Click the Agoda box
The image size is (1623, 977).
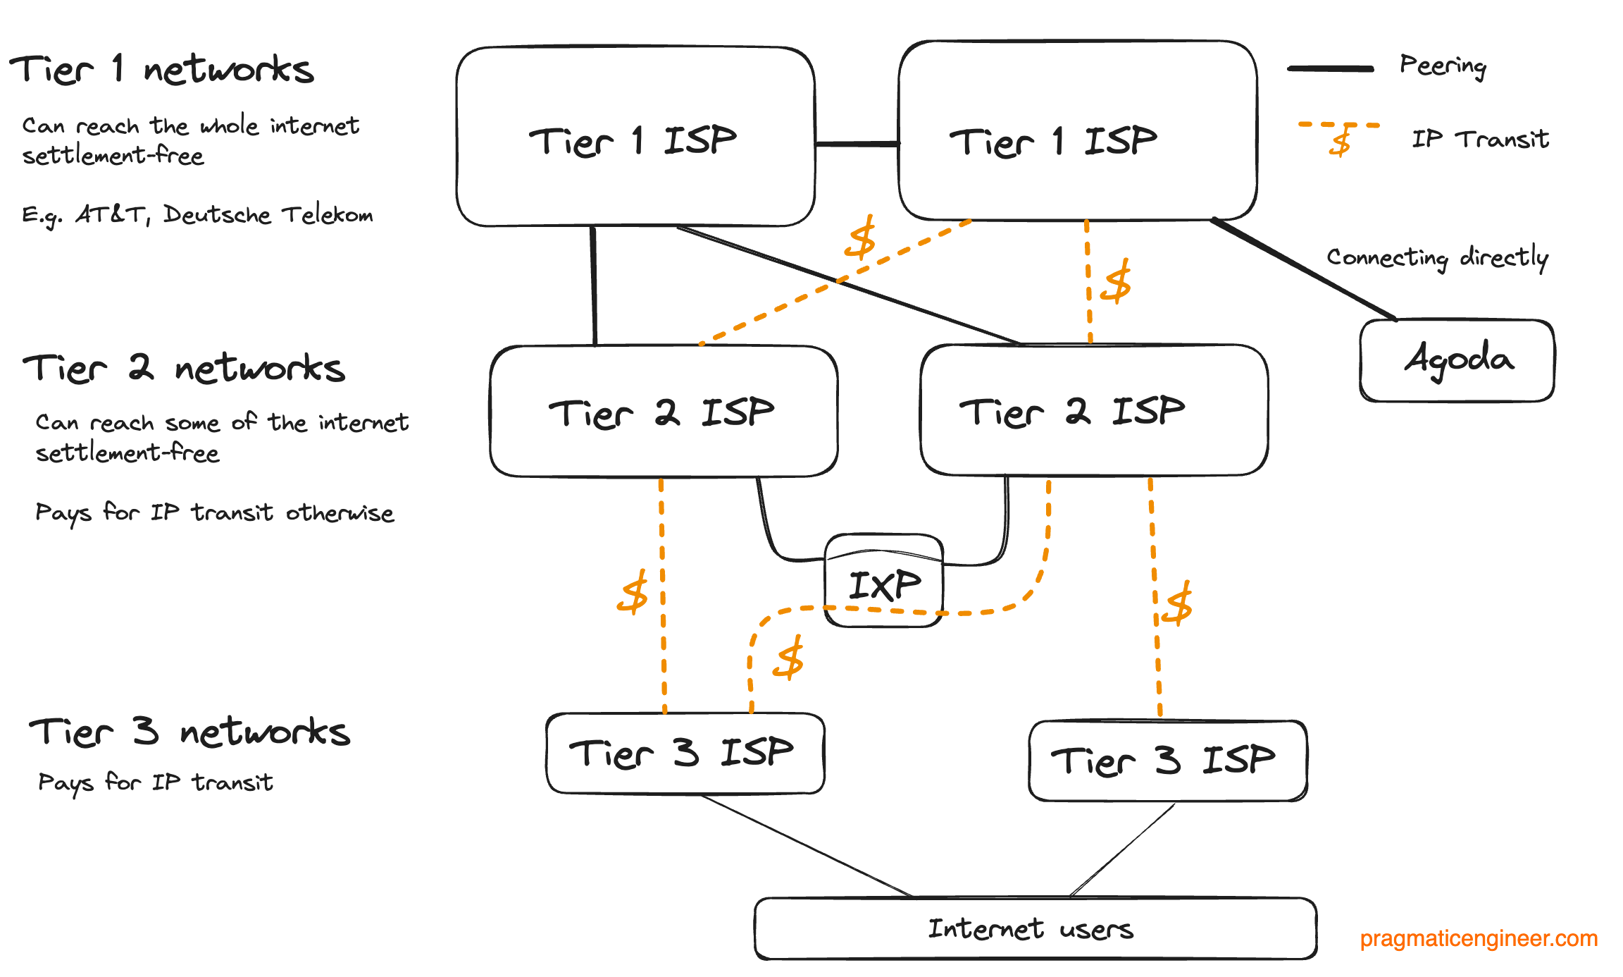tap(1457, 361)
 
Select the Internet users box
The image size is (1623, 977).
tap(1034, 928)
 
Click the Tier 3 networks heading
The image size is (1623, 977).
tap(189, 732)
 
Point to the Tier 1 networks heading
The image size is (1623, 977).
tap(162, 69)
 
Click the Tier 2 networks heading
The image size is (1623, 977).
tap(184, 369)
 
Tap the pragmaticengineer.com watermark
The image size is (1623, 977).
tap(1478, 938)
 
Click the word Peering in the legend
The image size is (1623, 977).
tap(1443, 66)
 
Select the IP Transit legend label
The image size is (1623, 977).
tap(1480, 139)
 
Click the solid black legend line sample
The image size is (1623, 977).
tap(1330, 68)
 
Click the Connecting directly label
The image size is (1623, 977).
tap(1437, 257)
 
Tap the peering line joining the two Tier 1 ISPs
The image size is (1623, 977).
tap(857, 144)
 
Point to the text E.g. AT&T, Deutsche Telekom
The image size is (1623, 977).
tap(197, 214)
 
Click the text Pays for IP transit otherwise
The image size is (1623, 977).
tap(214, 512)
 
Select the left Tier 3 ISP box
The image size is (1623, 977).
tap(685, 753)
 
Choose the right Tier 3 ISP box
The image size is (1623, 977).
tap(1167, 761)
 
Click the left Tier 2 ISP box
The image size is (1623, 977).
tap(663, 412)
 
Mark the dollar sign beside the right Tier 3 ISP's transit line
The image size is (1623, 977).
tap(1179, 603)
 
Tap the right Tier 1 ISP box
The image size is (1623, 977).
tap(1076, 131)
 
